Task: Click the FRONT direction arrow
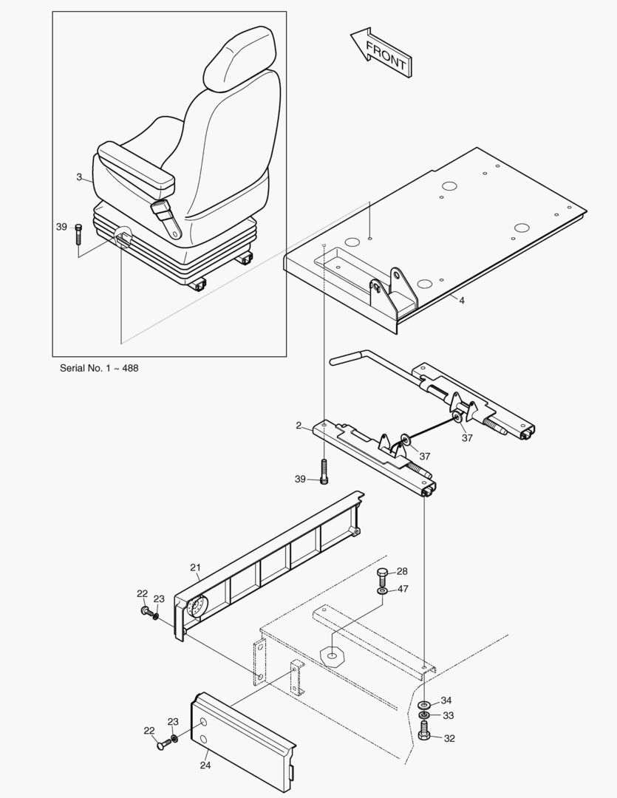381,52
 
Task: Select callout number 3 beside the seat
79,177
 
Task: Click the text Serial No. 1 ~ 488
98,367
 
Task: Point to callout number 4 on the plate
461,301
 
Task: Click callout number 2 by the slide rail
299,426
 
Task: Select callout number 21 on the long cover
195,567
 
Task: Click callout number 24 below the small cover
205,765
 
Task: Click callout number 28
402,571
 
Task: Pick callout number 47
403,589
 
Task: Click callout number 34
446,700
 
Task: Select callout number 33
448,715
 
